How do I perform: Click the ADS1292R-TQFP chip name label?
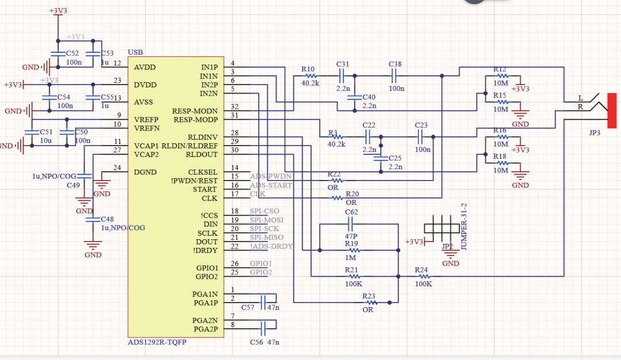point(157,342)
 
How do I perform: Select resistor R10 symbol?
point(310,75)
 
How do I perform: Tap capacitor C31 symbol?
point(342,75)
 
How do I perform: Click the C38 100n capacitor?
point(395,75)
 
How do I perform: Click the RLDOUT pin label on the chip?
point(202,154)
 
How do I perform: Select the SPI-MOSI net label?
point(267,220)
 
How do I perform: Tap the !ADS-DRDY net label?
point(271,246)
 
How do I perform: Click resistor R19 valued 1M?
point(355,250)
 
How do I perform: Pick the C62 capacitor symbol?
point(351,224)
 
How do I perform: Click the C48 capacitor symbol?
point(89,219)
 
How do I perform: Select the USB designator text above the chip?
point(135,52)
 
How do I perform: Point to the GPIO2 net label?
point(260,272)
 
